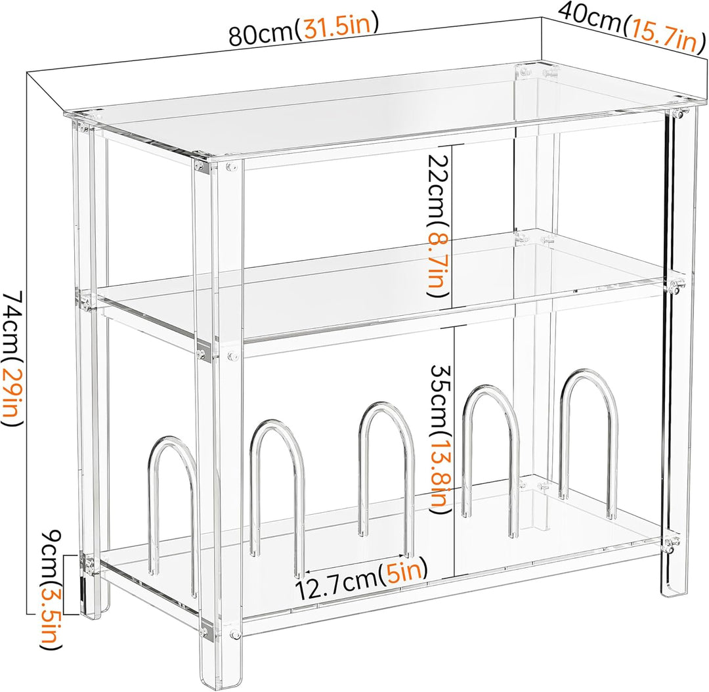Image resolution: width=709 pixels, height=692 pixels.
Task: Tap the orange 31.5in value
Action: (337, 27)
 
